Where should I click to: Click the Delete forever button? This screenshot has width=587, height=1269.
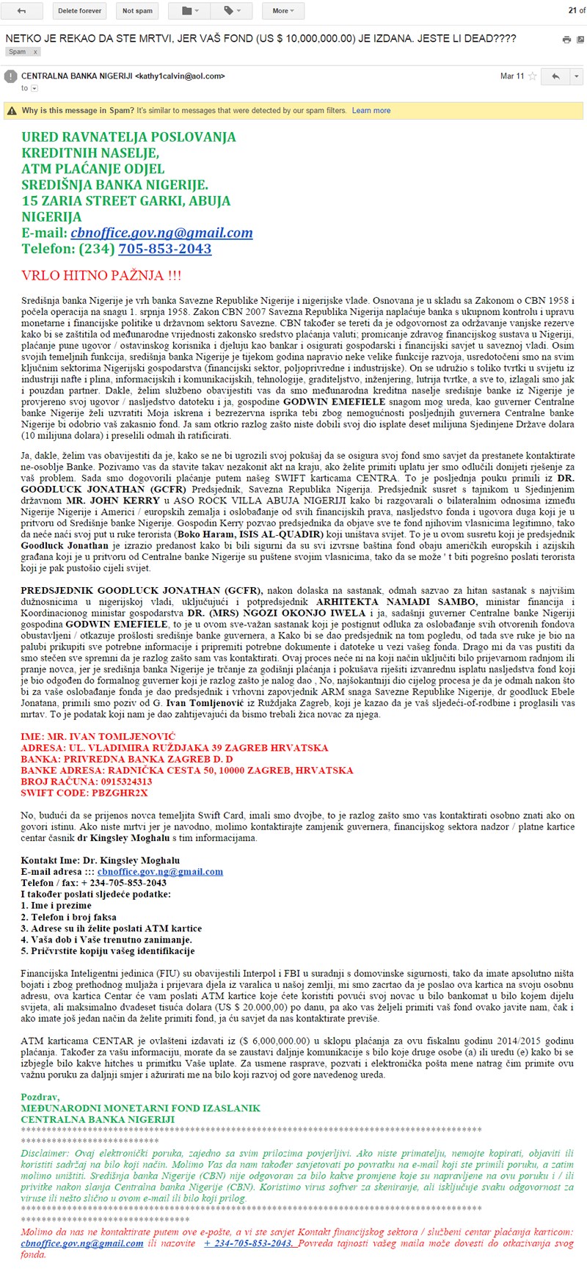point(80,11)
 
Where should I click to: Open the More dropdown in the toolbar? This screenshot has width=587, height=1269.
point(283,11)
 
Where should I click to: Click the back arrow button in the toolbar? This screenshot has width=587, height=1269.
point(21,11)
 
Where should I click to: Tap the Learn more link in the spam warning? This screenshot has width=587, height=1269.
point(371,111)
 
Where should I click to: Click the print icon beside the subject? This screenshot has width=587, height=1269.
point(566,40)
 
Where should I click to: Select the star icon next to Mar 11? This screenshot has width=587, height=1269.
point(533,76)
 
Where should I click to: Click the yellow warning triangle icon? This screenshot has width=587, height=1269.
point(12,111)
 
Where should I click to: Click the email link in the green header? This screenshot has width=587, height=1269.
point(161,233)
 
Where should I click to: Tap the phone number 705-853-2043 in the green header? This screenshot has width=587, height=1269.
point(164,249)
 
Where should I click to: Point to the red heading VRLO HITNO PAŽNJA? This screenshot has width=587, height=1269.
point(101,276)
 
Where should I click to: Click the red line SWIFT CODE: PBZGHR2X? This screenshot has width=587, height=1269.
point(84,793)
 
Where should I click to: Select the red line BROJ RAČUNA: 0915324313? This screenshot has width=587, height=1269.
point(87,782)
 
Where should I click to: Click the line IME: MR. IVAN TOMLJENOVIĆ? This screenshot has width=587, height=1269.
point(98,736)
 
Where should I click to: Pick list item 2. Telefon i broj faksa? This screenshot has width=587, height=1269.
point(69,917)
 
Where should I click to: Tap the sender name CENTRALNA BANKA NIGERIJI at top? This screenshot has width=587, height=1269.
point(76,76)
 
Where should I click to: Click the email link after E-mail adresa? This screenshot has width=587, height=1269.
point(160,872)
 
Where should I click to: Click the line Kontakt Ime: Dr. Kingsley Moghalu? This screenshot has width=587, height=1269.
point(101,860)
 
